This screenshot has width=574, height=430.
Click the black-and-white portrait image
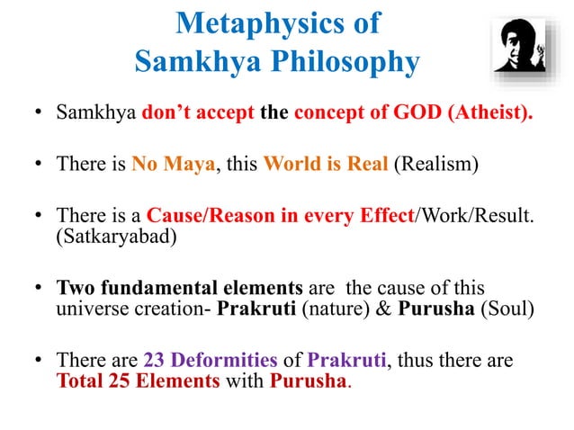tap(522, 46)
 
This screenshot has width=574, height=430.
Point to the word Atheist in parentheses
tap(481, 115)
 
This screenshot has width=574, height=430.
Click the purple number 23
tap(154, 361)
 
